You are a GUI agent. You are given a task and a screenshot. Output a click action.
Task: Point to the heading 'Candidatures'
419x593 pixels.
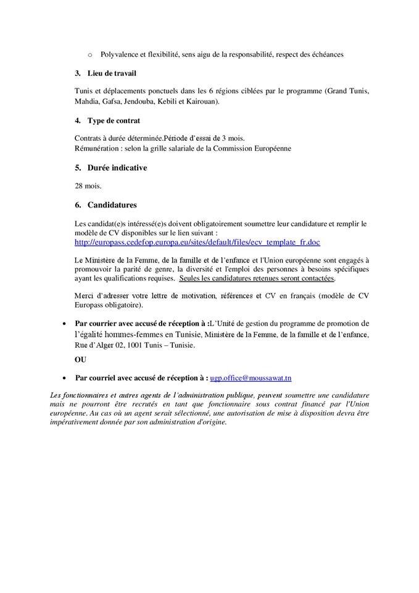pos(112,204)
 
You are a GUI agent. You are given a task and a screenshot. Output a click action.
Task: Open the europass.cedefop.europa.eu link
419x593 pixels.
pos(197,242)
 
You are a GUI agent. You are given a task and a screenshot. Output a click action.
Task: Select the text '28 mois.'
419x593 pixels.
pos(88,185)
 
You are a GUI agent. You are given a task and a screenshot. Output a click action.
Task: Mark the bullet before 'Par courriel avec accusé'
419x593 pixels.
pos(65,377)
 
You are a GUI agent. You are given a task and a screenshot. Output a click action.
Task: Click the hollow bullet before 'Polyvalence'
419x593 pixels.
pos(90,54)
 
